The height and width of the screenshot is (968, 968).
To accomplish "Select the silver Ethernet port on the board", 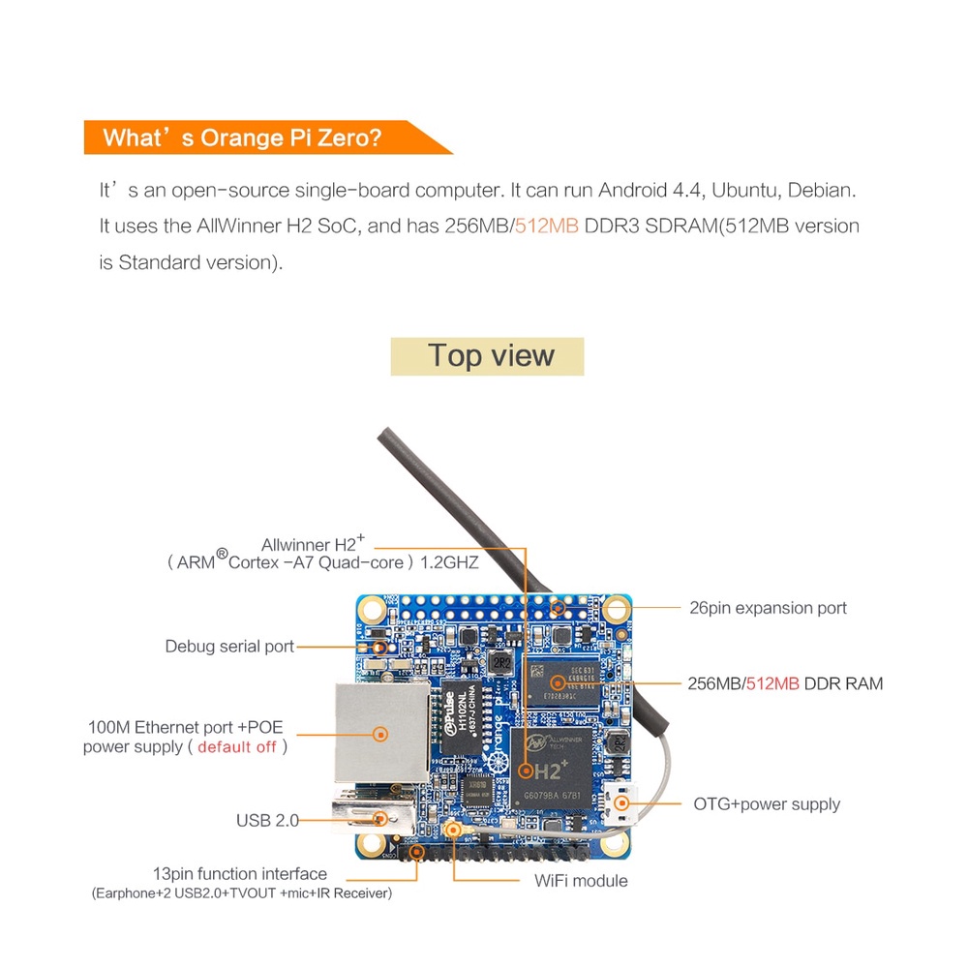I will click(379, 733).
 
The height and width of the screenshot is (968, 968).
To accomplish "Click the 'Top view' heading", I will click(487, 356).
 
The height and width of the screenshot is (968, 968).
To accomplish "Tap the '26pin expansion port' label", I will click(768, 608).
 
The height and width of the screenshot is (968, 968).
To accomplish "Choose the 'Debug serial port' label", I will click(229, 646).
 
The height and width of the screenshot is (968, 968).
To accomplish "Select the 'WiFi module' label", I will click(581, 881).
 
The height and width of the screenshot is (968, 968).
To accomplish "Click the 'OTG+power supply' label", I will click(767, 804).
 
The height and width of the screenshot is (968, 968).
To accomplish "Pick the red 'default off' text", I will click(237, 746).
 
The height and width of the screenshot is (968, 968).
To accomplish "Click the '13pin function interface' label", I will click(240, 873).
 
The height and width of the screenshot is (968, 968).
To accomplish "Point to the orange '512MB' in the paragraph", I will click(546, 227).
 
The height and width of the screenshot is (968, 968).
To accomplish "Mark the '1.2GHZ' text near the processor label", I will click(449, 562).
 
